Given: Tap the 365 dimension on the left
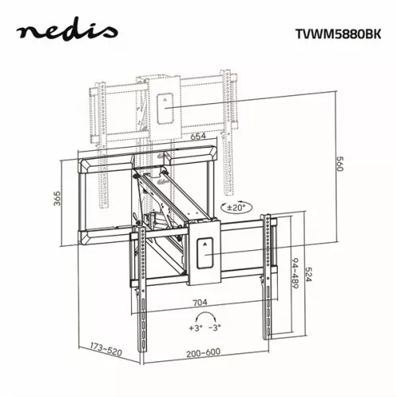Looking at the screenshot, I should click(x=58, y=198).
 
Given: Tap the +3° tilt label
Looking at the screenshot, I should click(x=195, y=327).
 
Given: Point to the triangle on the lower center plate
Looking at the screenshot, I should click(x=203, y=245).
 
